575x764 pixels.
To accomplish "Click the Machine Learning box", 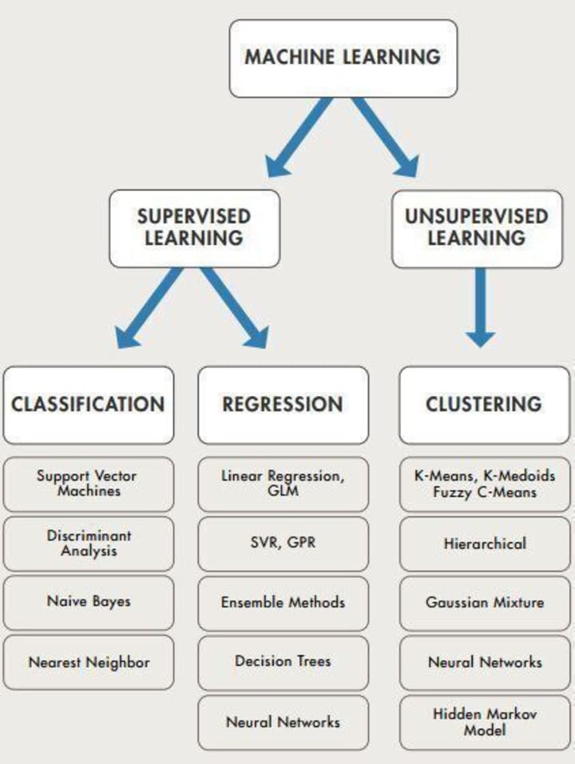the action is [x=343, y=58].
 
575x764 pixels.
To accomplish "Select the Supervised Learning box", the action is [x=194, y=228].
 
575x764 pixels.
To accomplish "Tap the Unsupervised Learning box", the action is [x=477, y=228].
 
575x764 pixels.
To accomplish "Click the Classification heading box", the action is [x=89, y=405].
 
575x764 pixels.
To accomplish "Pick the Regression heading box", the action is [x=284, y=405].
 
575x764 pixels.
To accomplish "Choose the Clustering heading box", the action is [x=485, y=405].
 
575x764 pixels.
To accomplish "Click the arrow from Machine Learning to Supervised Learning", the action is [x=298, y=137].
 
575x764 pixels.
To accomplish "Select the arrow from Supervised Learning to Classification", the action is [x=149, y=307].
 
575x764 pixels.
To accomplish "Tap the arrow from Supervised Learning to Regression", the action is [x=234, y=307].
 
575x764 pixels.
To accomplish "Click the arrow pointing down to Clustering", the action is [x=481, y=307].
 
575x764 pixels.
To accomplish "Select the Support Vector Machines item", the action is [x=89, y=484].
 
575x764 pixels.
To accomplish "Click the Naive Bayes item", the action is [x=89, y=603].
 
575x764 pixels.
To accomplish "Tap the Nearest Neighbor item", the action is [x=89, y=663].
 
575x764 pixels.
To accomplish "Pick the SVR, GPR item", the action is [x=284, y=544].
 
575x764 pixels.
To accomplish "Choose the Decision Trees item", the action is [x=284, y=663].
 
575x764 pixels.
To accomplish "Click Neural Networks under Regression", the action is [x=284, y=722].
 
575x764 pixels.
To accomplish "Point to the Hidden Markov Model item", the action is [x=485, y=722].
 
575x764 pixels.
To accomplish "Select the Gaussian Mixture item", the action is [x=485, y=604].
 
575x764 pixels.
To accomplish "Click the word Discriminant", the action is [x=89, y=536].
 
